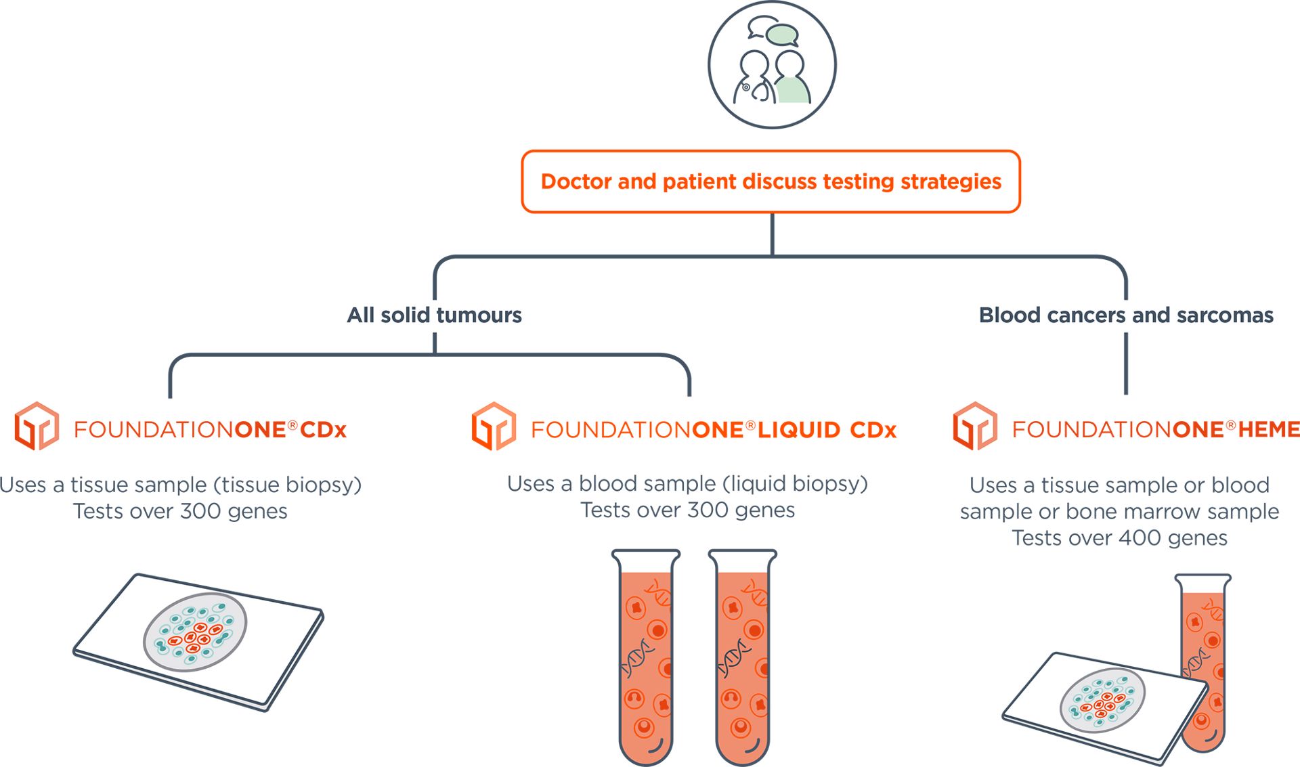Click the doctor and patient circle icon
click(772, 64)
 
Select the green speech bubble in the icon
click(783, 35)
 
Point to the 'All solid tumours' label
click(434, 315)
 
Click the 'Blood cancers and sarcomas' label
click(1125, 315)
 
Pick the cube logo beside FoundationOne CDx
click(37, 426)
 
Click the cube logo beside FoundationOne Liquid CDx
click(494, 426)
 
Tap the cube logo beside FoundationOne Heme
click(975, 426)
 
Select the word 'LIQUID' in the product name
click(799, 430)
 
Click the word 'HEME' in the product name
click(1269, 429)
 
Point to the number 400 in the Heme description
click(1140, 538)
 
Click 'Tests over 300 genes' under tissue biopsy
click(180, 511)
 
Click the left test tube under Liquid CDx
click(645, 657)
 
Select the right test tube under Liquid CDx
click(742, 657)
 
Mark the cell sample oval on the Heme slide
click(1102, 701)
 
